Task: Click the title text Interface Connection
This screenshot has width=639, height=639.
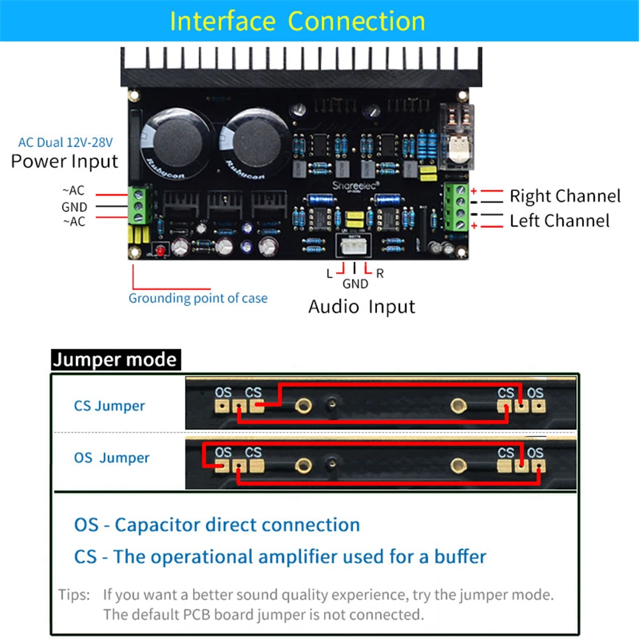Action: (297, 21)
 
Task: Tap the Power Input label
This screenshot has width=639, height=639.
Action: (65, 161)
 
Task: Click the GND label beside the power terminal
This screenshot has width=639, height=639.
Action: (74, 207)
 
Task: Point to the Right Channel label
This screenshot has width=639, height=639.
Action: (565, 196)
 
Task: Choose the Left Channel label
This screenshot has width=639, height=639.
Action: (559, 221)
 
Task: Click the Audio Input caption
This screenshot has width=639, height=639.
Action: (362, 307)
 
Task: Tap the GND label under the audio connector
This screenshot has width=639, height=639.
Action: (355, 284)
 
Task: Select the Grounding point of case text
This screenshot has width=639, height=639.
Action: (198, 298)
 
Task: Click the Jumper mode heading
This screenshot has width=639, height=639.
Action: (115, 360)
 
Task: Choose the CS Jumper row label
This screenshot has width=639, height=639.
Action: (109, 406)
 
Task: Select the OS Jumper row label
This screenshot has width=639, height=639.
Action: (112, 458)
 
